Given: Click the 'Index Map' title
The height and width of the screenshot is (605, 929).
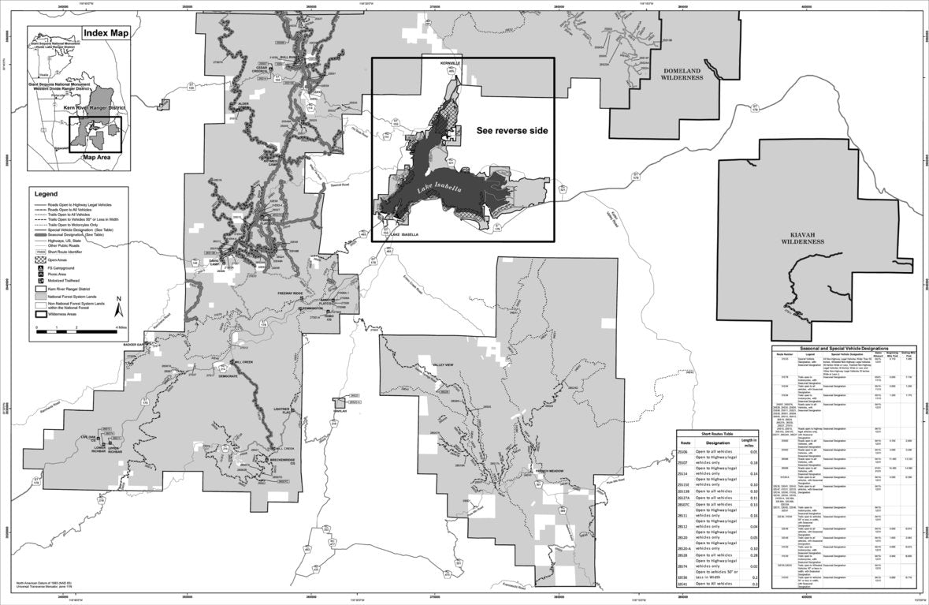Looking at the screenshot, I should [106, 35].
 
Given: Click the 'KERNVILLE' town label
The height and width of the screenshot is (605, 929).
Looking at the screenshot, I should [451, 62].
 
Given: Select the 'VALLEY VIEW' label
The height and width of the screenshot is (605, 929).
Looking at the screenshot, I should [444, 365].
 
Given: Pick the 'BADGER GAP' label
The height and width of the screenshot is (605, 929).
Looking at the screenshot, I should [135, 345].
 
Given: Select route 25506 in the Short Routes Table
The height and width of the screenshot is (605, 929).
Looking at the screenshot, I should [682, 452].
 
